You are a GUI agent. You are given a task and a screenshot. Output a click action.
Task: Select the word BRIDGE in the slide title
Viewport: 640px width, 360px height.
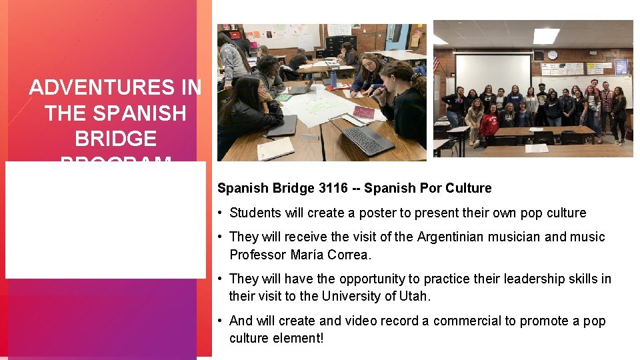tap(115, 138)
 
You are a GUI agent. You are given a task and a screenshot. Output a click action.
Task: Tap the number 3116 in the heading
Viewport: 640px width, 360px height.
tap(333, 189)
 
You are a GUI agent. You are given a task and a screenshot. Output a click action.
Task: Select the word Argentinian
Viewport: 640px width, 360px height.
tap(455, 237)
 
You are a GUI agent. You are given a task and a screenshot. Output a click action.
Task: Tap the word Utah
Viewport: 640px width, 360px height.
tap(413, 296)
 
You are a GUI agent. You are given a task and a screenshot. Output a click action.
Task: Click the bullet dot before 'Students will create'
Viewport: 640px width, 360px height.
tap(220, 213)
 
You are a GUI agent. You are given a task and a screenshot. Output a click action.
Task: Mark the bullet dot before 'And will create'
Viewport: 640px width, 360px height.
tap(220, 321)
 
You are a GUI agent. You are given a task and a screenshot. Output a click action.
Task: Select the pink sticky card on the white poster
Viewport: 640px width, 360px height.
tap(363, 111)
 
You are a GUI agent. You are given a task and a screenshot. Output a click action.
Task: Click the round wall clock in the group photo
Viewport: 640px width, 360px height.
tap(552, 55)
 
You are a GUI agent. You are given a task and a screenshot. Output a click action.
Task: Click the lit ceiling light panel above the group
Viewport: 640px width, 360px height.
tap(546, 35)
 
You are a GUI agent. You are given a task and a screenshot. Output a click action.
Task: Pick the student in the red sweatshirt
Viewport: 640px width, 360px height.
tap(490, 124)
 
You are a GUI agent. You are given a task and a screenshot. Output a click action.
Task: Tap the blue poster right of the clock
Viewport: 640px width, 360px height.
tap(621, 67)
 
